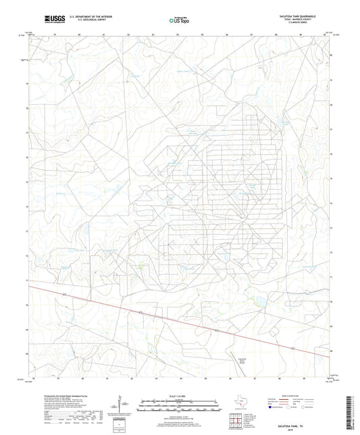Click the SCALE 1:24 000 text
(x=180, y=395)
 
